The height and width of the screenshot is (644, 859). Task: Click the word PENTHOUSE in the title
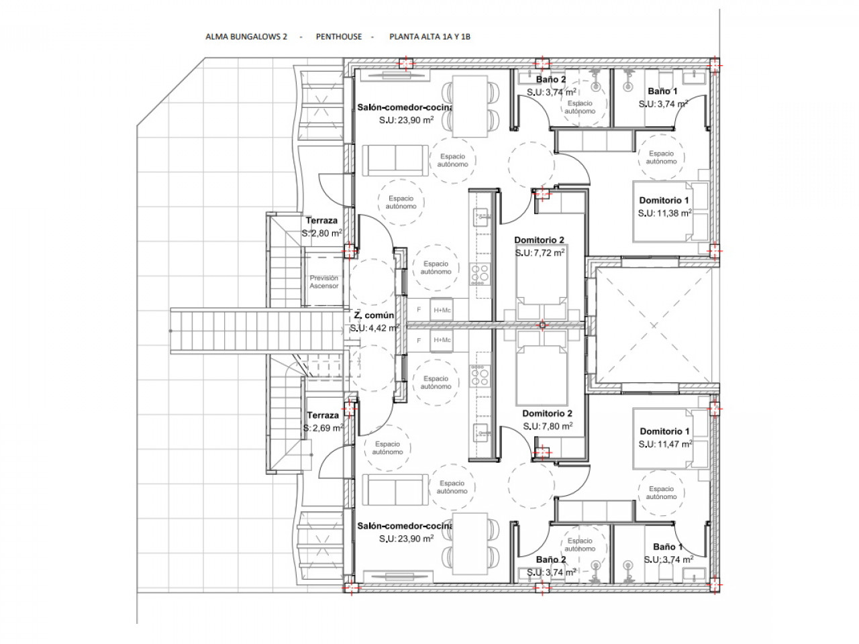point(338,37)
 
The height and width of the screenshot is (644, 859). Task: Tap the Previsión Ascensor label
point(323,282)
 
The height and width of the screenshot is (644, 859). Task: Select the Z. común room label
point(374,315)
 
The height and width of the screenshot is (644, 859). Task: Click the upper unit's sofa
point(395,160)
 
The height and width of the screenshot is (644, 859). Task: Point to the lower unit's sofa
point(395,490)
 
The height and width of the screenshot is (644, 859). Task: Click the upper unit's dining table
point(470,107)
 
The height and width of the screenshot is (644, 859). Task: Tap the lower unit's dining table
point(470,544)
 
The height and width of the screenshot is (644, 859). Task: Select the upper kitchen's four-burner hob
point(480,274)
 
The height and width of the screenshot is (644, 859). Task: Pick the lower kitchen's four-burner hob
point(480,376)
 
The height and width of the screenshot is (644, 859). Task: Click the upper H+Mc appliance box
point(442,310)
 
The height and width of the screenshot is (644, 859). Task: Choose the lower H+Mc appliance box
point(442,340)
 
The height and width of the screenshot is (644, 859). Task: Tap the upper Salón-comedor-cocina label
point(405,107)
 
